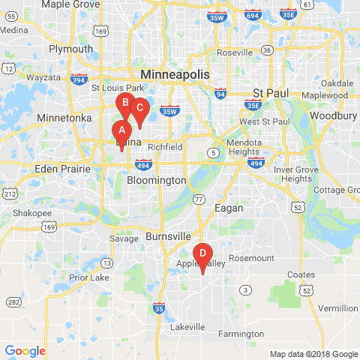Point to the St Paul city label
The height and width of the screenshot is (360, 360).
tap(268, 93)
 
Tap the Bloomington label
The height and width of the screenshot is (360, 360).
tap(157, 181)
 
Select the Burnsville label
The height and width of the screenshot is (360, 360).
tap(169, 235)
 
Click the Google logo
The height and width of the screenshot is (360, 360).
tap(25, 350)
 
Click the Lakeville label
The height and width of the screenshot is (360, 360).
tap(187, 328)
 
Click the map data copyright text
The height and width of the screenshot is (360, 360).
tap(313, 354)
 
